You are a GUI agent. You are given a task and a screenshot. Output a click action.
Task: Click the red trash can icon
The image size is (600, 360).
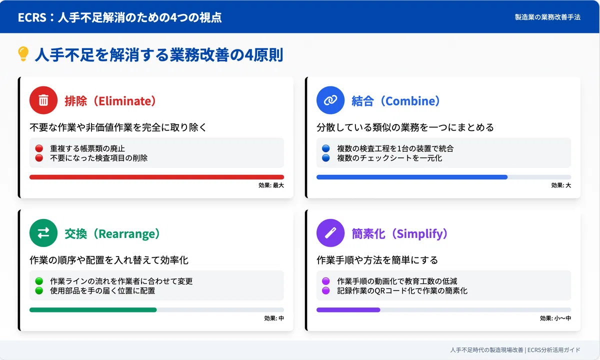43,100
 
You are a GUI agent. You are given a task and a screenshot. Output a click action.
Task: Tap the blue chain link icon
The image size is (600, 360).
330,100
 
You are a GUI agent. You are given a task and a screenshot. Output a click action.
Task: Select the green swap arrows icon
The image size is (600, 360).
43,233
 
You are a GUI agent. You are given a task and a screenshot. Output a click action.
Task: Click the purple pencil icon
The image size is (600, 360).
330,233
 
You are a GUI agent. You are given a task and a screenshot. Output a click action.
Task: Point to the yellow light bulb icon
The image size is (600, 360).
23,54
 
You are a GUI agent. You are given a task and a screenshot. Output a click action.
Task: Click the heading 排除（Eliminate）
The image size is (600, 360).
110,101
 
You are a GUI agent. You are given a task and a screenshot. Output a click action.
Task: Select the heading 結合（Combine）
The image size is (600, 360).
395,101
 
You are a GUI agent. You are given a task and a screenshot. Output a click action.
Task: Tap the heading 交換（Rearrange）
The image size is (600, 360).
112,233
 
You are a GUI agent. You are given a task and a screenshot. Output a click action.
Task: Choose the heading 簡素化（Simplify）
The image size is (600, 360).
399,233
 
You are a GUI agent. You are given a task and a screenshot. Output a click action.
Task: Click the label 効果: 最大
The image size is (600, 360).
271,185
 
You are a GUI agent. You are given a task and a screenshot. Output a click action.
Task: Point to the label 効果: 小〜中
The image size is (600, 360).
555,318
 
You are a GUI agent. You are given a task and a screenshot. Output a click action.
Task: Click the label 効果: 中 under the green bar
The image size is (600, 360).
274,318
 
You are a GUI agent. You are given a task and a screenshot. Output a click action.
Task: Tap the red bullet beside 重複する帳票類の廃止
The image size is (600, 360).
39,148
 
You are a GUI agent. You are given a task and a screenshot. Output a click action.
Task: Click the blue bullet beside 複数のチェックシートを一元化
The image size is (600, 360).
325,158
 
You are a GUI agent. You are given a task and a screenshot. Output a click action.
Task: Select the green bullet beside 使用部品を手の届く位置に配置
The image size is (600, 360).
39,290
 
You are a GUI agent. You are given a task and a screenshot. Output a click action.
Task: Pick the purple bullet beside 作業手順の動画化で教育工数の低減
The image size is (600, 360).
325,281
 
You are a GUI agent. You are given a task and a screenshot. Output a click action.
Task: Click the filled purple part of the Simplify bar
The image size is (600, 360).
348,310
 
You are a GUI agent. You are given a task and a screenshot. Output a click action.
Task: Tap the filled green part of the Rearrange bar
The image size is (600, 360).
93,310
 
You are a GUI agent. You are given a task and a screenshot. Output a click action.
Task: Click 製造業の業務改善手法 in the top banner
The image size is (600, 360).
547,17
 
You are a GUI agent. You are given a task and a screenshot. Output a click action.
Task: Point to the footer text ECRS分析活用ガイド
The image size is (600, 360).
553,350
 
